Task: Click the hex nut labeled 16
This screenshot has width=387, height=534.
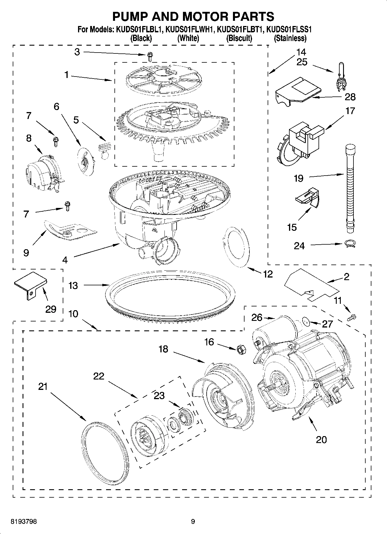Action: pos(240,350)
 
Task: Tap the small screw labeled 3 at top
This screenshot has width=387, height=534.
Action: pos(150,56)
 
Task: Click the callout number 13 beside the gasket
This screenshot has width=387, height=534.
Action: pos(73,286)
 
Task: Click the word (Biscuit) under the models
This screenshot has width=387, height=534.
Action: pos(239,38)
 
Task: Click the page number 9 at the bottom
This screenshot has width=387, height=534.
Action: pos(193,522)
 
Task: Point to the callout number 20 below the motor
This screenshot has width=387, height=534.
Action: pos(321,440)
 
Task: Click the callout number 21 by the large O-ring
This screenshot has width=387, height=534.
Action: pos(43,386)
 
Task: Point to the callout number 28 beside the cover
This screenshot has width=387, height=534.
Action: pos(350,97)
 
